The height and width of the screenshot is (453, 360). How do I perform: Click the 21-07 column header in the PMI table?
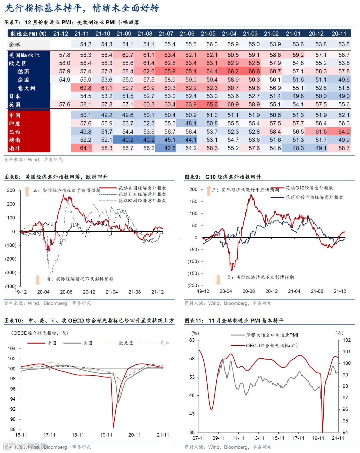coord(166,34)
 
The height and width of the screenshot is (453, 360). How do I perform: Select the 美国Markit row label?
coord(24,55)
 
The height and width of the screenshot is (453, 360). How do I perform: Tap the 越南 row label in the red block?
coord(15,140)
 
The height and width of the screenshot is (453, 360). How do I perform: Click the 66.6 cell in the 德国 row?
coord(254,71)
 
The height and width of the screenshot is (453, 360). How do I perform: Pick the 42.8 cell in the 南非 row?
coord(170,148)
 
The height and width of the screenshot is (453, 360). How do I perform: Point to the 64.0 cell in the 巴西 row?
coord(344,132)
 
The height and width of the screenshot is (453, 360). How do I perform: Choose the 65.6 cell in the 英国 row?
coord(212,104)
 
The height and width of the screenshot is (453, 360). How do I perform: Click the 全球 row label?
coord(15,44)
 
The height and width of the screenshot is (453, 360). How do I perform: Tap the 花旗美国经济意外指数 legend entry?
coord(142,188)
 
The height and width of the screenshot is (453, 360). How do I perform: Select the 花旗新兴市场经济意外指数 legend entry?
coord(314,197)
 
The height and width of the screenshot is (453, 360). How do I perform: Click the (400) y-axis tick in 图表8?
coord(11,286)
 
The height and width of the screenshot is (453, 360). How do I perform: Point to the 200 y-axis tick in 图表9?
coord(193,189)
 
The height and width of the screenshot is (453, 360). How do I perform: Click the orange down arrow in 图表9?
coord(218,280)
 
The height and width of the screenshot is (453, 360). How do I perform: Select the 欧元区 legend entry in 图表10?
coord(126,343)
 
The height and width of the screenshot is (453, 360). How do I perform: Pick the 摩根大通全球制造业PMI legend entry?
coord(272,335)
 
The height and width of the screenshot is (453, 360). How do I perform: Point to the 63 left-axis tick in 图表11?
coord(192,340)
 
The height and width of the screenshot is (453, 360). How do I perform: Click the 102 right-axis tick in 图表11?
coord(347,340)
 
